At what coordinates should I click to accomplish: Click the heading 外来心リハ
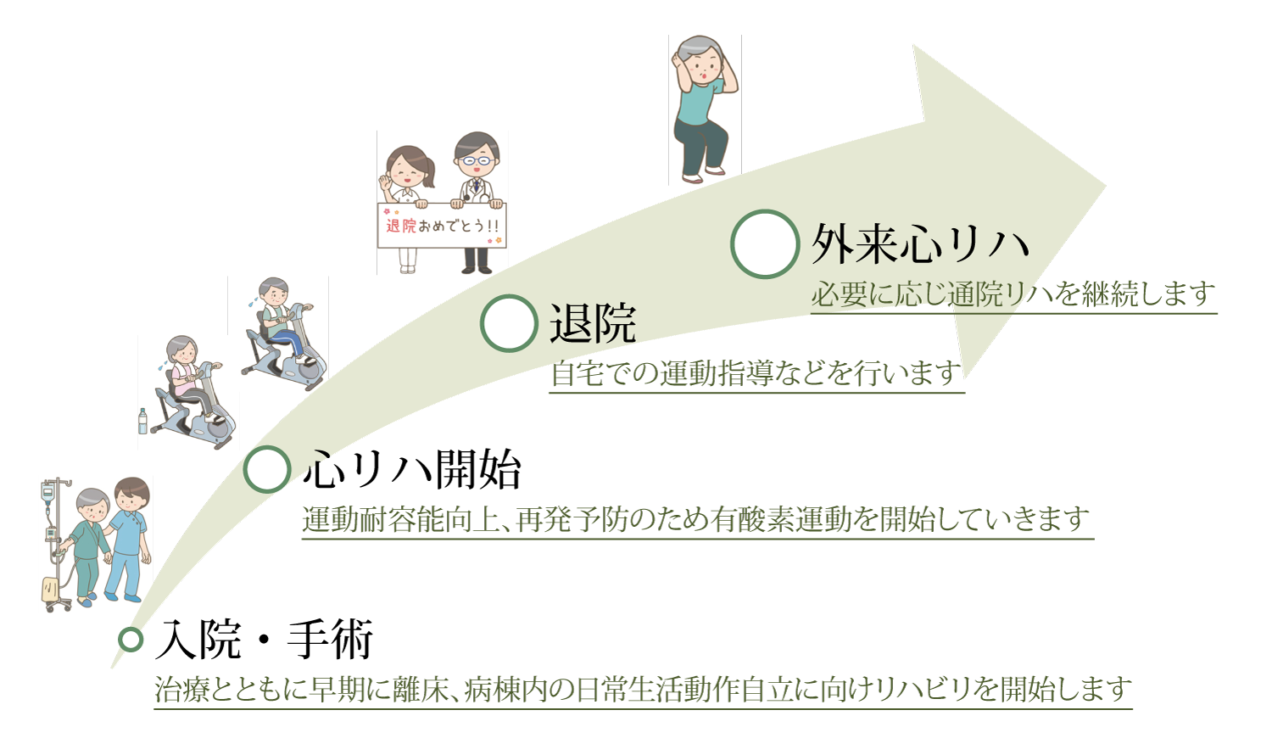pyautogui.click(x=920, y=244)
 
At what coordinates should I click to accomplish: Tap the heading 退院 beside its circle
pyautogui.click(x=592, y=323)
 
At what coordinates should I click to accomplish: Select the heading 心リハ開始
pyautogui.click(x=411, y=469)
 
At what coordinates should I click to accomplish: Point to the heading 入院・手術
pyautogui.click(x=264, y=640)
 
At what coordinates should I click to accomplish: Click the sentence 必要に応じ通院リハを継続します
pyautogui.click(x=1013, y=295)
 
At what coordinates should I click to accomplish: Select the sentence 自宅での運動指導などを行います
pyautogui.click(x=756, y=374)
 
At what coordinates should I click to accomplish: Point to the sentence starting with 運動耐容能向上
pyautogui.click(x=696, y=519)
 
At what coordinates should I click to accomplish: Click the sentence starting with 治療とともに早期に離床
pyautogui.click(x=644, y=690)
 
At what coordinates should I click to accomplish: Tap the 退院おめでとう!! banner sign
pyautogui.click(x=442, y=226)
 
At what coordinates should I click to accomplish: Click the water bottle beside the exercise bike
pyautogui.click(x=142, y=422)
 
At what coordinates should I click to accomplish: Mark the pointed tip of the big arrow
pyautogui.click(x=1106, y=185)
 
